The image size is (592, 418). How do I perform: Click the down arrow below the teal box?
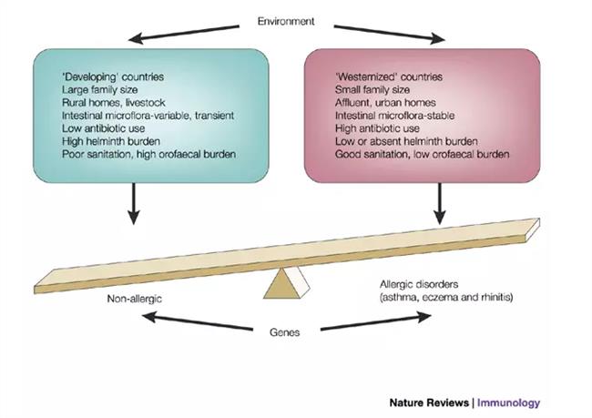click(134, 203)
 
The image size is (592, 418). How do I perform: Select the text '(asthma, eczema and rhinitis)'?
click(444, 298)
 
